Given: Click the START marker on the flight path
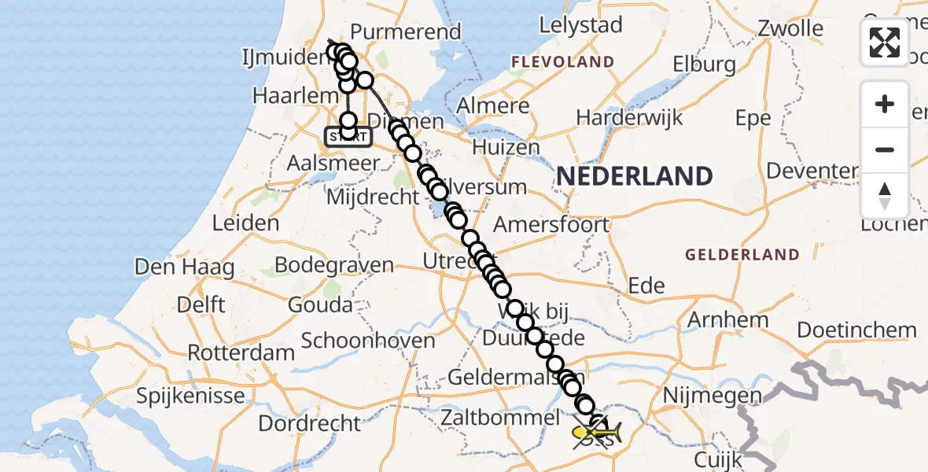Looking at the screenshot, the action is pyautogui.click(x=347, y=137).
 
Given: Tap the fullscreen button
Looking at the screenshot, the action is pyautogui.click(x=885, y=42).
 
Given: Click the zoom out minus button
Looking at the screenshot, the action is pyautogui.click(x=885, y=149).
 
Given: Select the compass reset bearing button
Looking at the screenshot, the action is pyautogui.click(x=885, y=195).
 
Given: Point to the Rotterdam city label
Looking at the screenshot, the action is pyautogui.click(x=241, y=352).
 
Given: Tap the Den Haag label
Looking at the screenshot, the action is pyautogui.click(x=184, y=267).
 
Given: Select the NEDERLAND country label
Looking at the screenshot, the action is pyautogui.click(x=635, y=176).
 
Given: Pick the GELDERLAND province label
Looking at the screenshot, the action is pyautogui.click(x=742, y=255).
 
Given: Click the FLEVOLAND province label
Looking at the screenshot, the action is pyautogui.click(x=562, y=62).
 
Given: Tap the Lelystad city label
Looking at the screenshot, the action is pyautogui.click(x=580, y=25).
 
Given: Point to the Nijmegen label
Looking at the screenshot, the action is pyautogui.click(x=713, y=395).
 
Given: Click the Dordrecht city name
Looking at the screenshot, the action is pyautogui.click(x=309, y=423).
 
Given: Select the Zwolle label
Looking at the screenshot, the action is pyautogui.click(x=790, y=29).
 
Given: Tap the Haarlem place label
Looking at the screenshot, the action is pyautogui.click(x=284, y=95).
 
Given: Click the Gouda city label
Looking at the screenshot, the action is pyautogui.click(x=320, y=304).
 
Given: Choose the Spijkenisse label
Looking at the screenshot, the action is pyautogui.click(x=190, y=396).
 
